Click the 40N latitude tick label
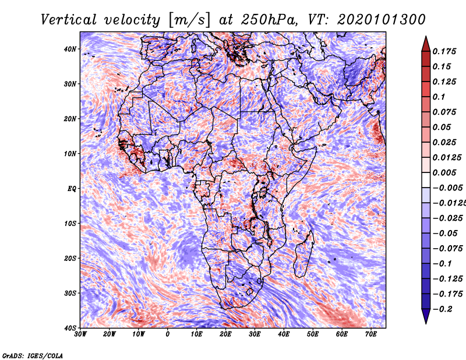pyautogui.click(x=70, y=49)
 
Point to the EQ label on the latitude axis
pyautogui.click(x=72, y=189)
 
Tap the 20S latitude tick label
pyautogui.click(x=70, y=258)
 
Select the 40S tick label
pyautogui.click(x=70, y=328)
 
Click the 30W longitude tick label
pyautogui.click(x=80, y=334)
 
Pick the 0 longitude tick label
pyautogui.click(x=168, y=334)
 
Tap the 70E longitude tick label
pyautogui.click(x=371, y=334)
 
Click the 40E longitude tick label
pyautogui.click(x=284, y=334)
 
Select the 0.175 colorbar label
pyautogui.click(x=444, y=51)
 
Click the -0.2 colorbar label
pyautogui.click(x=443, y=309)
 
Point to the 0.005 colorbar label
pyautogui.click(x=444, y=172)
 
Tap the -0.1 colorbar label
pyautogui.click(x=443, y=264)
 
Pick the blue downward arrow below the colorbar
pyautogui.click(x=426, y=316)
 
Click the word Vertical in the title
pyautogui.click(x=69, y=20)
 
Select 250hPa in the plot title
pyautogui.click(x=269, y=20)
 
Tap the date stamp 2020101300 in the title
pyautogui.click(x=382, y=20)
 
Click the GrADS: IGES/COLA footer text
pyautogui.click(x=33, y=355)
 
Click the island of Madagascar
pyautogui.click(x=304, y=254)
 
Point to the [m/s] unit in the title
pyautogui.click(x=190, y=20)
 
